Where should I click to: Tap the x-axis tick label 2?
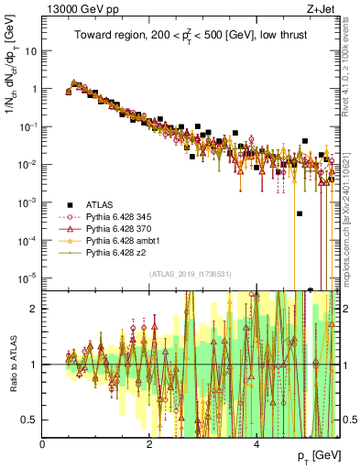149,443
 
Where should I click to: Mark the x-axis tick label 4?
256,443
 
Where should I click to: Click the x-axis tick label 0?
43,443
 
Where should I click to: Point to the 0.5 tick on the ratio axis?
31,420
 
